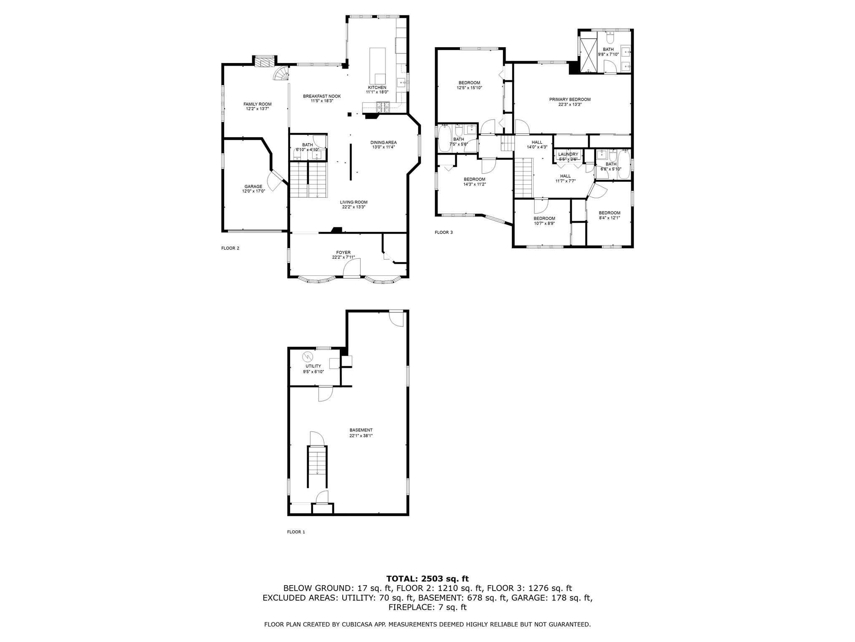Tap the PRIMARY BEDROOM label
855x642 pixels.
click(x=569, y=99)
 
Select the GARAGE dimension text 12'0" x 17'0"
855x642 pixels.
click(x=253, y=191)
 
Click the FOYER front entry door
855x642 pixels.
click(x=352, y=268)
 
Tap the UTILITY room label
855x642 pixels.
click(x=313, y=366)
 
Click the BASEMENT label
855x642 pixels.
click(x=361, y=430)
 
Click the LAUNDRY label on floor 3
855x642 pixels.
click(x=568, y=154)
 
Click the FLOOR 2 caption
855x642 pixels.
click(x=230, y=248)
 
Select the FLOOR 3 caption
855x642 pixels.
click(x=443, y=232)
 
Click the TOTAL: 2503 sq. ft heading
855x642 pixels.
click(x=427, y=579)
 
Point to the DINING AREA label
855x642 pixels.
click(x=383, y=143)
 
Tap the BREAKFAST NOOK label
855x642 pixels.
click(x=321, y=96)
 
